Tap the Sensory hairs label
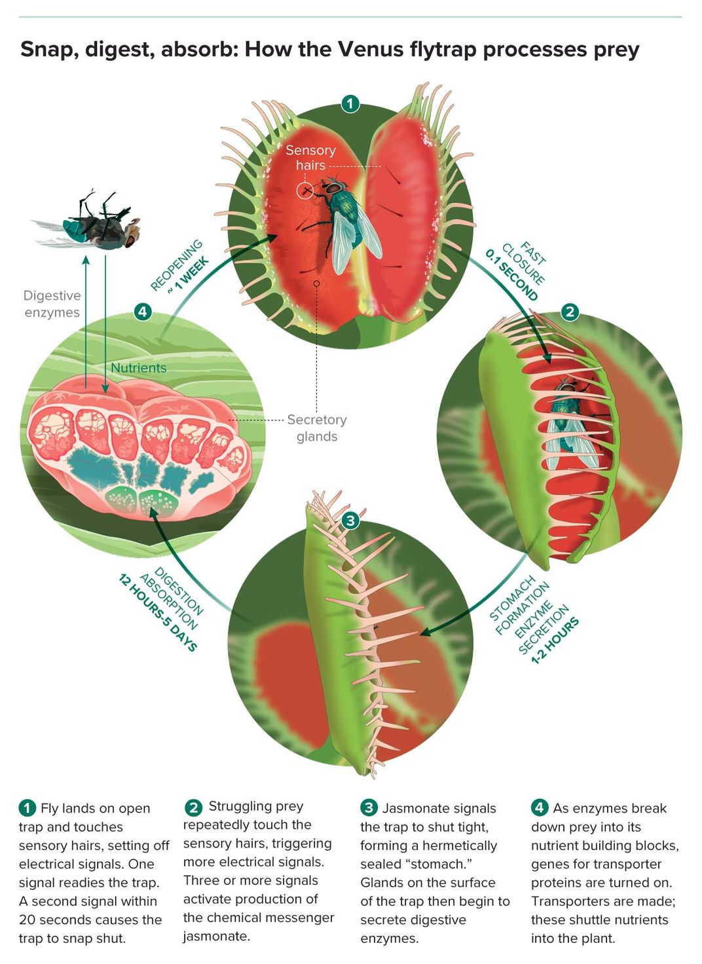pos(311,158)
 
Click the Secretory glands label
pos(317,428)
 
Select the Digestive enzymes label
pos(52,304)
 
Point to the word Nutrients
pos(139,368)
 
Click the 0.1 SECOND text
pos(511,275)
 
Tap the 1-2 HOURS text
pos(555,641)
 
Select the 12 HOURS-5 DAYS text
pos(158,612)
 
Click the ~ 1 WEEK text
pos(189,274)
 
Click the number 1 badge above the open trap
pos(350,103)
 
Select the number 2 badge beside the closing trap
pos(570,312)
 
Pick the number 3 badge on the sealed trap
pos(350,521)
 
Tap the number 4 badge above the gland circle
pos(143,312)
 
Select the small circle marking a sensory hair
pos(305,191)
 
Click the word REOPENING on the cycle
pos(176,265)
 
